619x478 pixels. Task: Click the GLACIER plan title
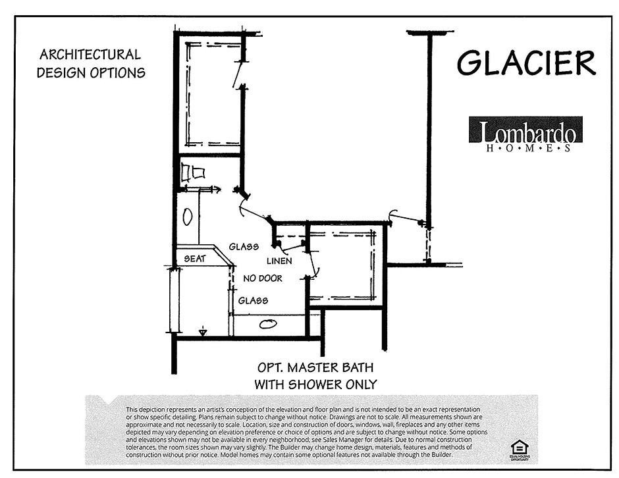click(526, 63)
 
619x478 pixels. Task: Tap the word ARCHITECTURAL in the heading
click(90, 55)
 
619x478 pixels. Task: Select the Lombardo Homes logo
click(525, 134)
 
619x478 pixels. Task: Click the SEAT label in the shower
click(195, 259)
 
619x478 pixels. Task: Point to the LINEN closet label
click(279, 261)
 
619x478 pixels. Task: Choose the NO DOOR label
click(263, 279)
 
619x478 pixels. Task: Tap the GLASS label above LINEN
click(243, 247)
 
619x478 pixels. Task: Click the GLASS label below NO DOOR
click(253, 300)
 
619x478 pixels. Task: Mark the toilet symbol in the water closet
click(192, 173)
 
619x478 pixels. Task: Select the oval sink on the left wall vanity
click(188, 217)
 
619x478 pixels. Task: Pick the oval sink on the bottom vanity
click(268, 324)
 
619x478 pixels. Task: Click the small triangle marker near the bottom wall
click(203, 332)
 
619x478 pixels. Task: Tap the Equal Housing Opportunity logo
click(519, 448)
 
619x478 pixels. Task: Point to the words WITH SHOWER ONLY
click(315, 384)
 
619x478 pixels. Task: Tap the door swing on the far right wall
click(403, 216)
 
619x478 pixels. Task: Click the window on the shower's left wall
click(175, 300)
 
